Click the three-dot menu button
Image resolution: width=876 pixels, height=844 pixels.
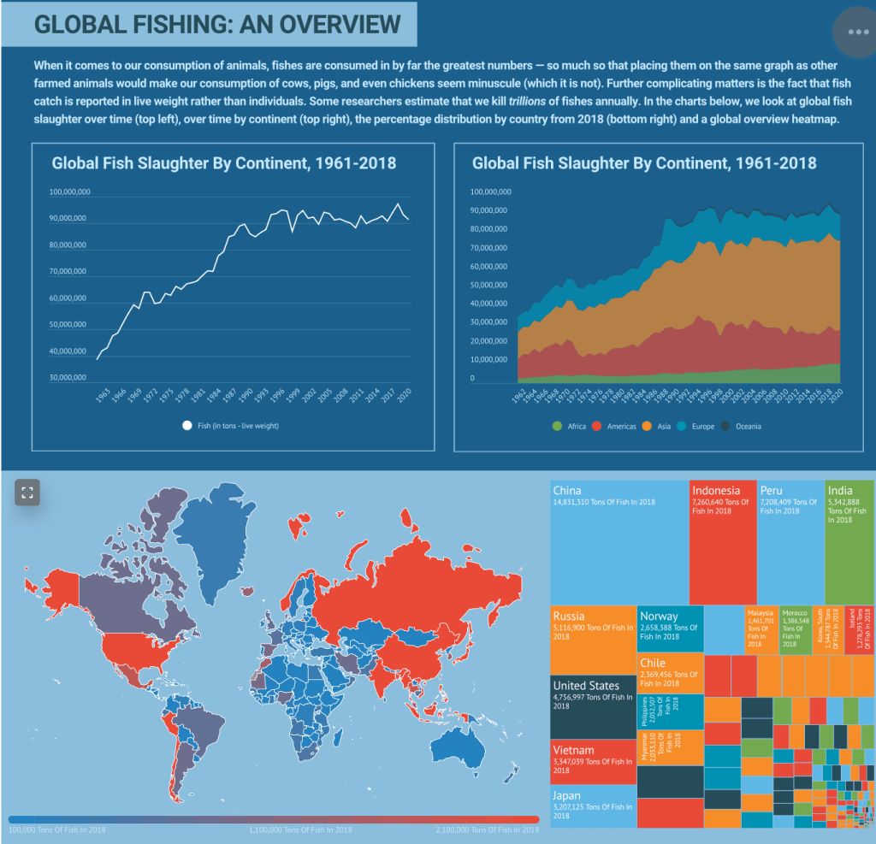(x=857, y=32)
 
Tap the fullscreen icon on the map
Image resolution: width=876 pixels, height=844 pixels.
(x=27, y=492)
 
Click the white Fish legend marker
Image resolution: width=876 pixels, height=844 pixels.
(x=187, y=426)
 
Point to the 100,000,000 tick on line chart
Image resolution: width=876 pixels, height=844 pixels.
(x=69, y=192)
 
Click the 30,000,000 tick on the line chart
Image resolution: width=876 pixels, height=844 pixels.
(x=69, y=377)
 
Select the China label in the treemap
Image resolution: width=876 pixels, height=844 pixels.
(x=567, y=491)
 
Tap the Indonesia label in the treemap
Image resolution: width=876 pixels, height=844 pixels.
(x=716, y=491)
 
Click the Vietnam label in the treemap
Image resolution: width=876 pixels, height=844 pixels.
(x=573, y=751)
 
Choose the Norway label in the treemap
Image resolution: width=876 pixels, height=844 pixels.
(x=659, y=617)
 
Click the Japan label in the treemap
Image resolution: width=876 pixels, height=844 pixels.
(x=566, y=796)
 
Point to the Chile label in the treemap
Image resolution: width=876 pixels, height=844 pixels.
(x=652, y=663)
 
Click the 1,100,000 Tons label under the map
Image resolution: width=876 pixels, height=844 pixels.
(x=300, y=829)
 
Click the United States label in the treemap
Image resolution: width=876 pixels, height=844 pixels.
(x=586, y=686)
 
